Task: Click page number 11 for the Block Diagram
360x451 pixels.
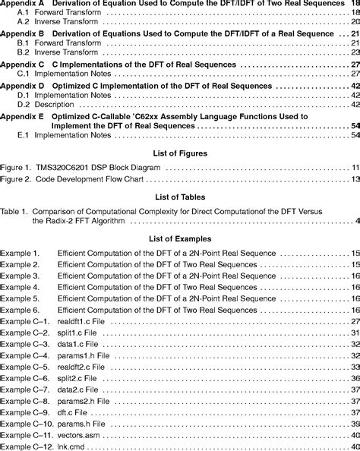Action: tap(354, 188)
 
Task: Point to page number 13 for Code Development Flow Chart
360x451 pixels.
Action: tap(354, 200)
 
